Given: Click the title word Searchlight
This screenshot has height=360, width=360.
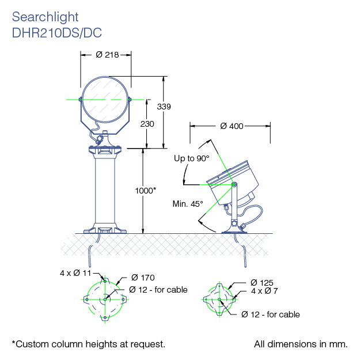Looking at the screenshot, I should pos(45,17).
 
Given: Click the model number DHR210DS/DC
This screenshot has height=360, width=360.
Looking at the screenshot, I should pos(56,33).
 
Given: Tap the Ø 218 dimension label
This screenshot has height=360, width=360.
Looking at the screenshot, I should pos(107,55).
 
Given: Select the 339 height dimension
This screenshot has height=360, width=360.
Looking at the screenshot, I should pos(164,107).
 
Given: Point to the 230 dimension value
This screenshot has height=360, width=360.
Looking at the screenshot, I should pos(147,123).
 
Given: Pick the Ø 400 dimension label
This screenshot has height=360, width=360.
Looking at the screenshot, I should pos(232,126).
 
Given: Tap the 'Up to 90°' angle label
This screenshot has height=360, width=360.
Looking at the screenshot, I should pos(191,158).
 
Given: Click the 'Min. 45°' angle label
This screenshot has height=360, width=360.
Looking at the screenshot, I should pos(188,203).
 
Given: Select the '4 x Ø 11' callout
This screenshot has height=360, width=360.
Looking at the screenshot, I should pos(76,273).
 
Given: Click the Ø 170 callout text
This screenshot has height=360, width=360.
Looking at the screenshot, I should pos(143,278).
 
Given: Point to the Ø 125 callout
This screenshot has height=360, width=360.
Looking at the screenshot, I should pos(262,282).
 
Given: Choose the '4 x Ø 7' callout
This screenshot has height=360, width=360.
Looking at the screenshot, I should pos(264,291).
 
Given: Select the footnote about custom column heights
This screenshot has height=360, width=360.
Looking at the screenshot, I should pos(89,344).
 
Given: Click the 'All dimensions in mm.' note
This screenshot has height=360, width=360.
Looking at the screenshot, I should pos(301,344).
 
